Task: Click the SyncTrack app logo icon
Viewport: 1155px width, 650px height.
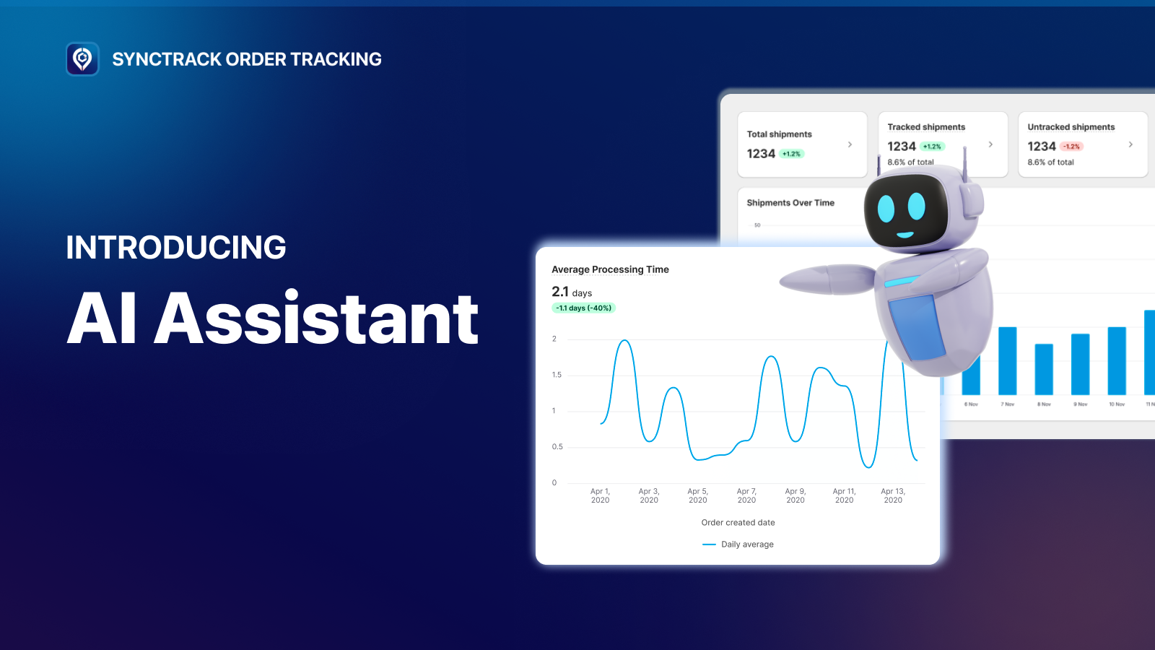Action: (82, 59)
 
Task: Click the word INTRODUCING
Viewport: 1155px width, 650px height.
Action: (176, 248)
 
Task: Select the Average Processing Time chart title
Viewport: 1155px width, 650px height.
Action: (610, 269)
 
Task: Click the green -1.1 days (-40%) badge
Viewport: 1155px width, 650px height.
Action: (583, 308)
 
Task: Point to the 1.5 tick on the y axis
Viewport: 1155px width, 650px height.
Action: (557, 375)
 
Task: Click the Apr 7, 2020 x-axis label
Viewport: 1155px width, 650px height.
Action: (746, 495)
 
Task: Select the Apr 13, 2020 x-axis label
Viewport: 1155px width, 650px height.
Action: (893, 495)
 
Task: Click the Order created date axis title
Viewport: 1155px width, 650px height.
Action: (738, 523)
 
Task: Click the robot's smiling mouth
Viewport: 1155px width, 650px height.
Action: (905, 235)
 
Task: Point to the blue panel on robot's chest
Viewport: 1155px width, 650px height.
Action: (917, 327)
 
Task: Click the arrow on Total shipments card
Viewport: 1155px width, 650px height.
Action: (850, 144)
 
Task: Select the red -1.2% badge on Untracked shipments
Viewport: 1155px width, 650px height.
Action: (1071, 147)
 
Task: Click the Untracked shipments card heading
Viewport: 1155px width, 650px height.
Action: (1071, 127)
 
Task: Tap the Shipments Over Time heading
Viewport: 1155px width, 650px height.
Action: (790, 203)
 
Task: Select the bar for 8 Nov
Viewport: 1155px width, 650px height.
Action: (1044, 369)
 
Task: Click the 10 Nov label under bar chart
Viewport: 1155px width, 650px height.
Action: (1117, 404)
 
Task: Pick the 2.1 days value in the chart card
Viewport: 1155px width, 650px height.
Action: (571, 292)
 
